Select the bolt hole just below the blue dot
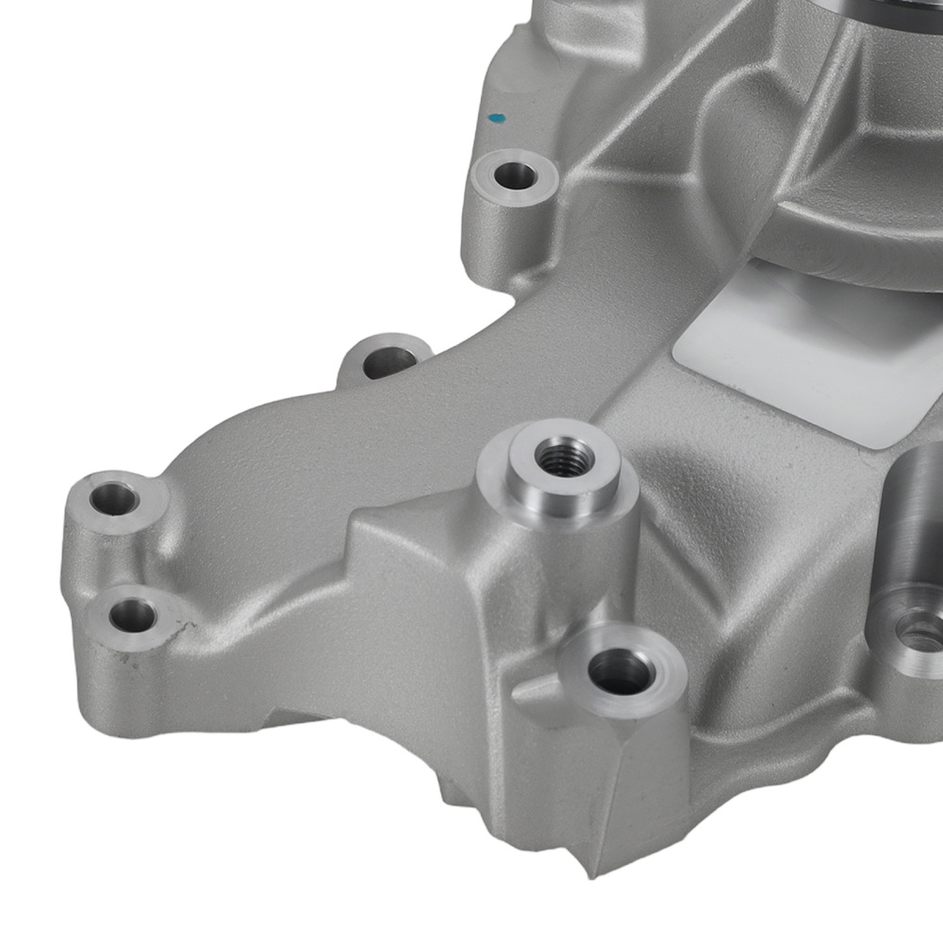point(514,174)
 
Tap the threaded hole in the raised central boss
point(555,457)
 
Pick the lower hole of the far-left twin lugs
point(130,618)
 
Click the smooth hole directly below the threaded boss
point(619,671)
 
